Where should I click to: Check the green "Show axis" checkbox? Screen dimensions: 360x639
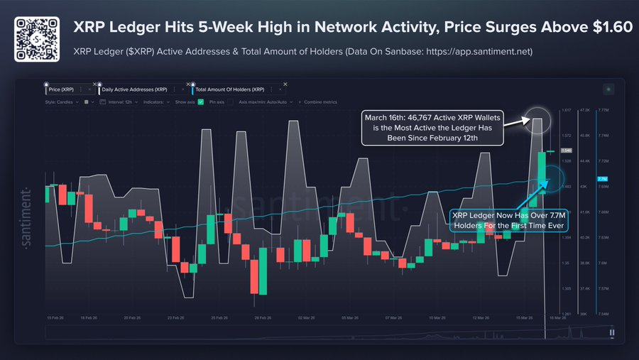pyautogui.click(x=201, y=102)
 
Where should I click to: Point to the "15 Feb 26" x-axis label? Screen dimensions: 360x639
pyautogui.click(x=56, y=319)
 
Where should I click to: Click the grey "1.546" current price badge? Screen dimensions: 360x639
pyautogui.click(x=566, y=151)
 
